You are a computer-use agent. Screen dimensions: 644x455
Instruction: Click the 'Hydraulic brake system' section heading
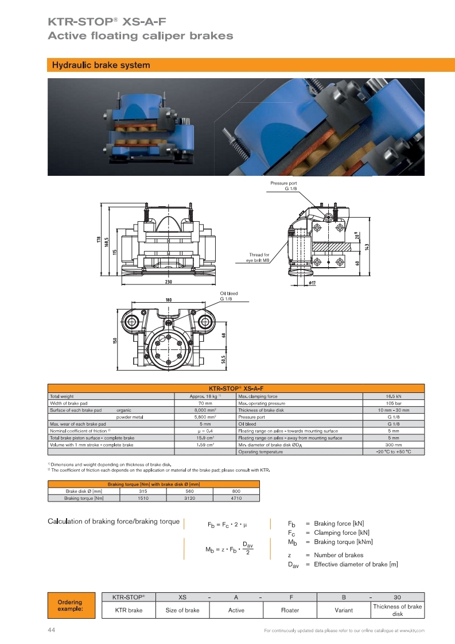101,65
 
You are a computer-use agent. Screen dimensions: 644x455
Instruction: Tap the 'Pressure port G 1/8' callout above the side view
283,186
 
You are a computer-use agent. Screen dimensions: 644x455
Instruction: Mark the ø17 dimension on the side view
313,283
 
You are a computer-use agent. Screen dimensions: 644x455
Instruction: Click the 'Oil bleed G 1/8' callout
228,296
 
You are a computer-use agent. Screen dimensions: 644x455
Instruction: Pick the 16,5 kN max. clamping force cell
393,396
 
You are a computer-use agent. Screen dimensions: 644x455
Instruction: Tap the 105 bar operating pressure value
393,403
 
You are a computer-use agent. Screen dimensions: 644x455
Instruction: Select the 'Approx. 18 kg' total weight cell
205,396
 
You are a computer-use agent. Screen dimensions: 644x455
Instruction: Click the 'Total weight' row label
62,396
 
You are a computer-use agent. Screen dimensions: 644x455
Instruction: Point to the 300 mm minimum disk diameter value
393,445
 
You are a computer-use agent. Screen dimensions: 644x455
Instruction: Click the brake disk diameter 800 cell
236,491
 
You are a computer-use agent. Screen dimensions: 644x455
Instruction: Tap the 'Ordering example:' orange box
69,606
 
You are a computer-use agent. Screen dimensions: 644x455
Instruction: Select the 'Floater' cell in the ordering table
290,610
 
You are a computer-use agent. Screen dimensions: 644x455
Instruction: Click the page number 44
51,630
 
